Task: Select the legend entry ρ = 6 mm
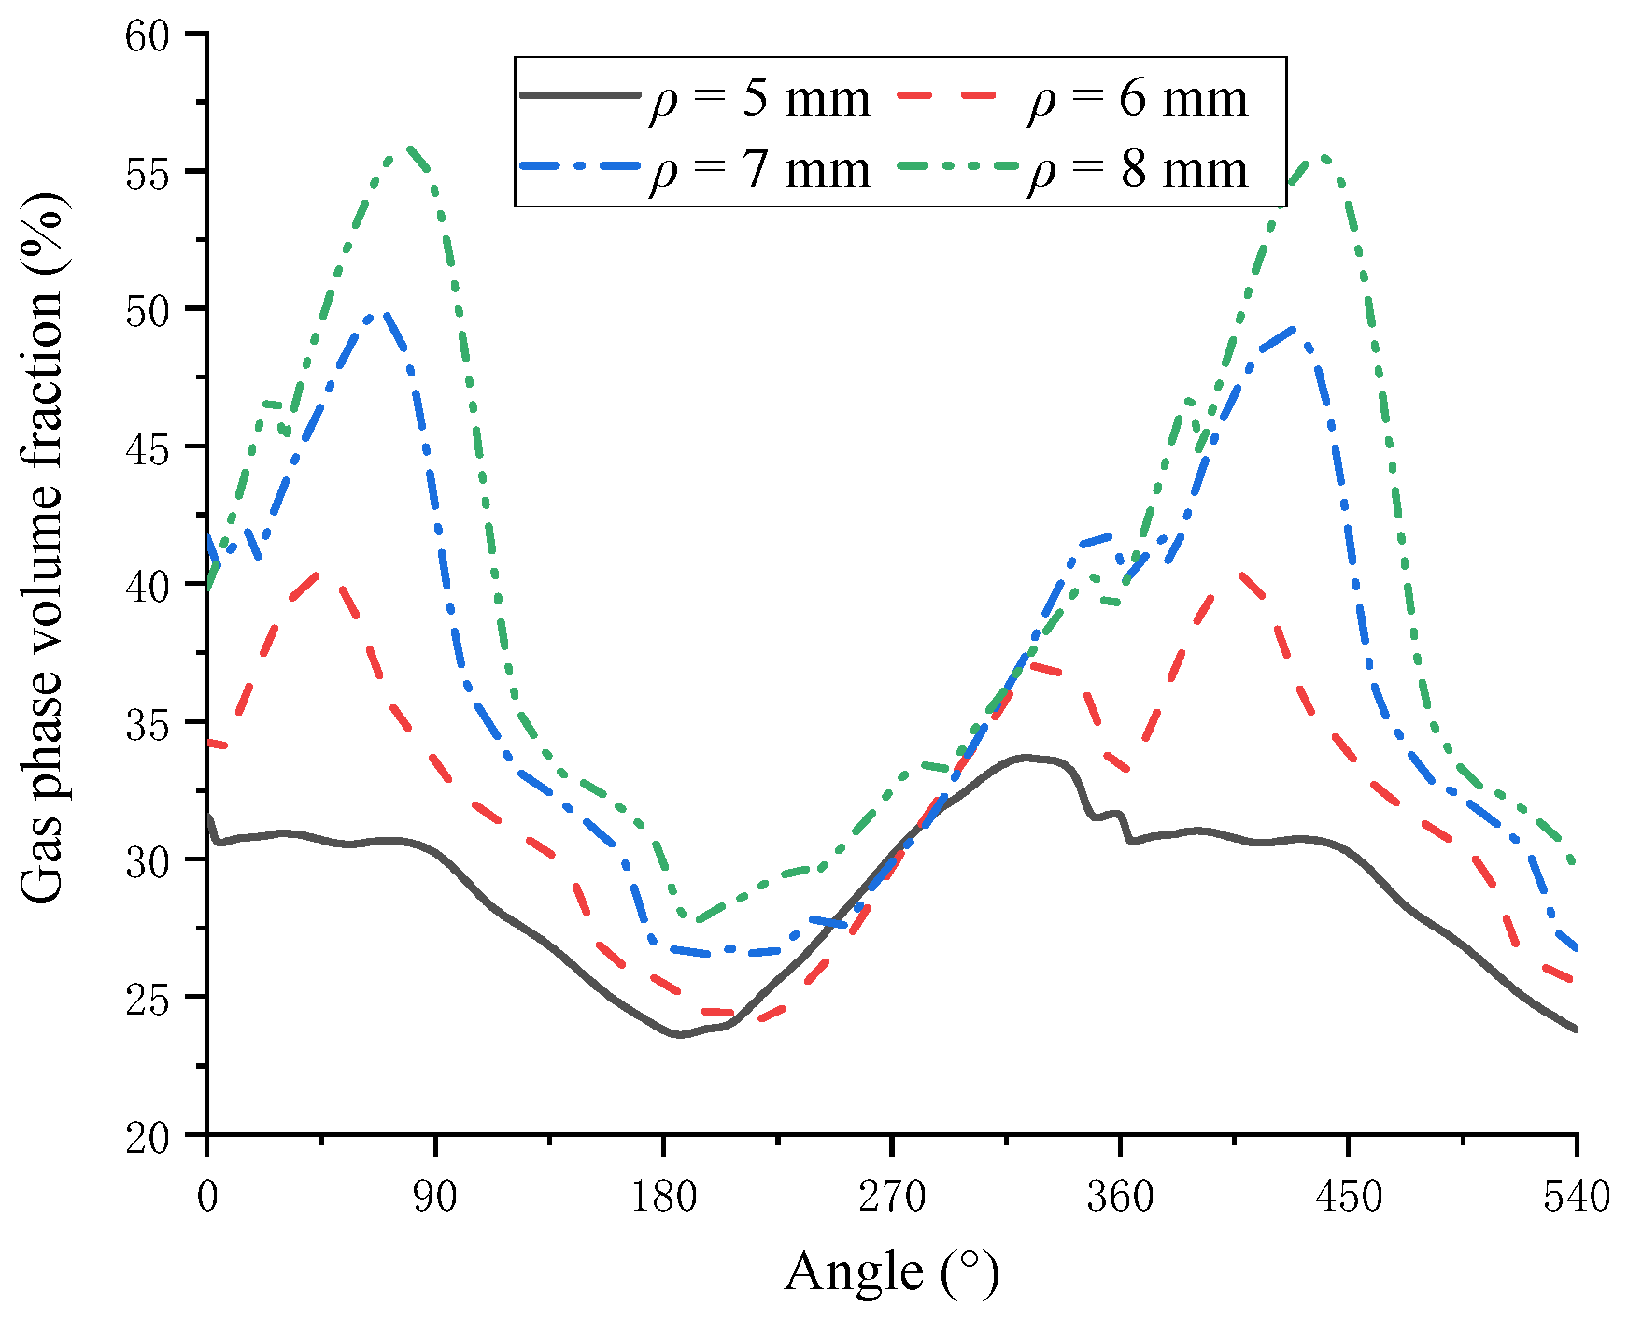[1073, 98]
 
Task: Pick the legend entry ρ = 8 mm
[1073, 170]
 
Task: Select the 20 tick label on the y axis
[155, 1136]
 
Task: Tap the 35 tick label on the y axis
[155, 723]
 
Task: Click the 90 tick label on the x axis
[435, 1197]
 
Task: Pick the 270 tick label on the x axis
[892, 1197]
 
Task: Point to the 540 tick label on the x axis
[1577, 1197]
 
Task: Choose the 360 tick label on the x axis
[1120, 1197]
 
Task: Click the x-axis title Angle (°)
[892, 1272]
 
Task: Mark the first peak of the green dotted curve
[409, 147]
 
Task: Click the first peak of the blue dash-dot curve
[381, 314]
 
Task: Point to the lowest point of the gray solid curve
[679, 1034]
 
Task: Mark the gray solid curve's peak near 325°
[1026, 757]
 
